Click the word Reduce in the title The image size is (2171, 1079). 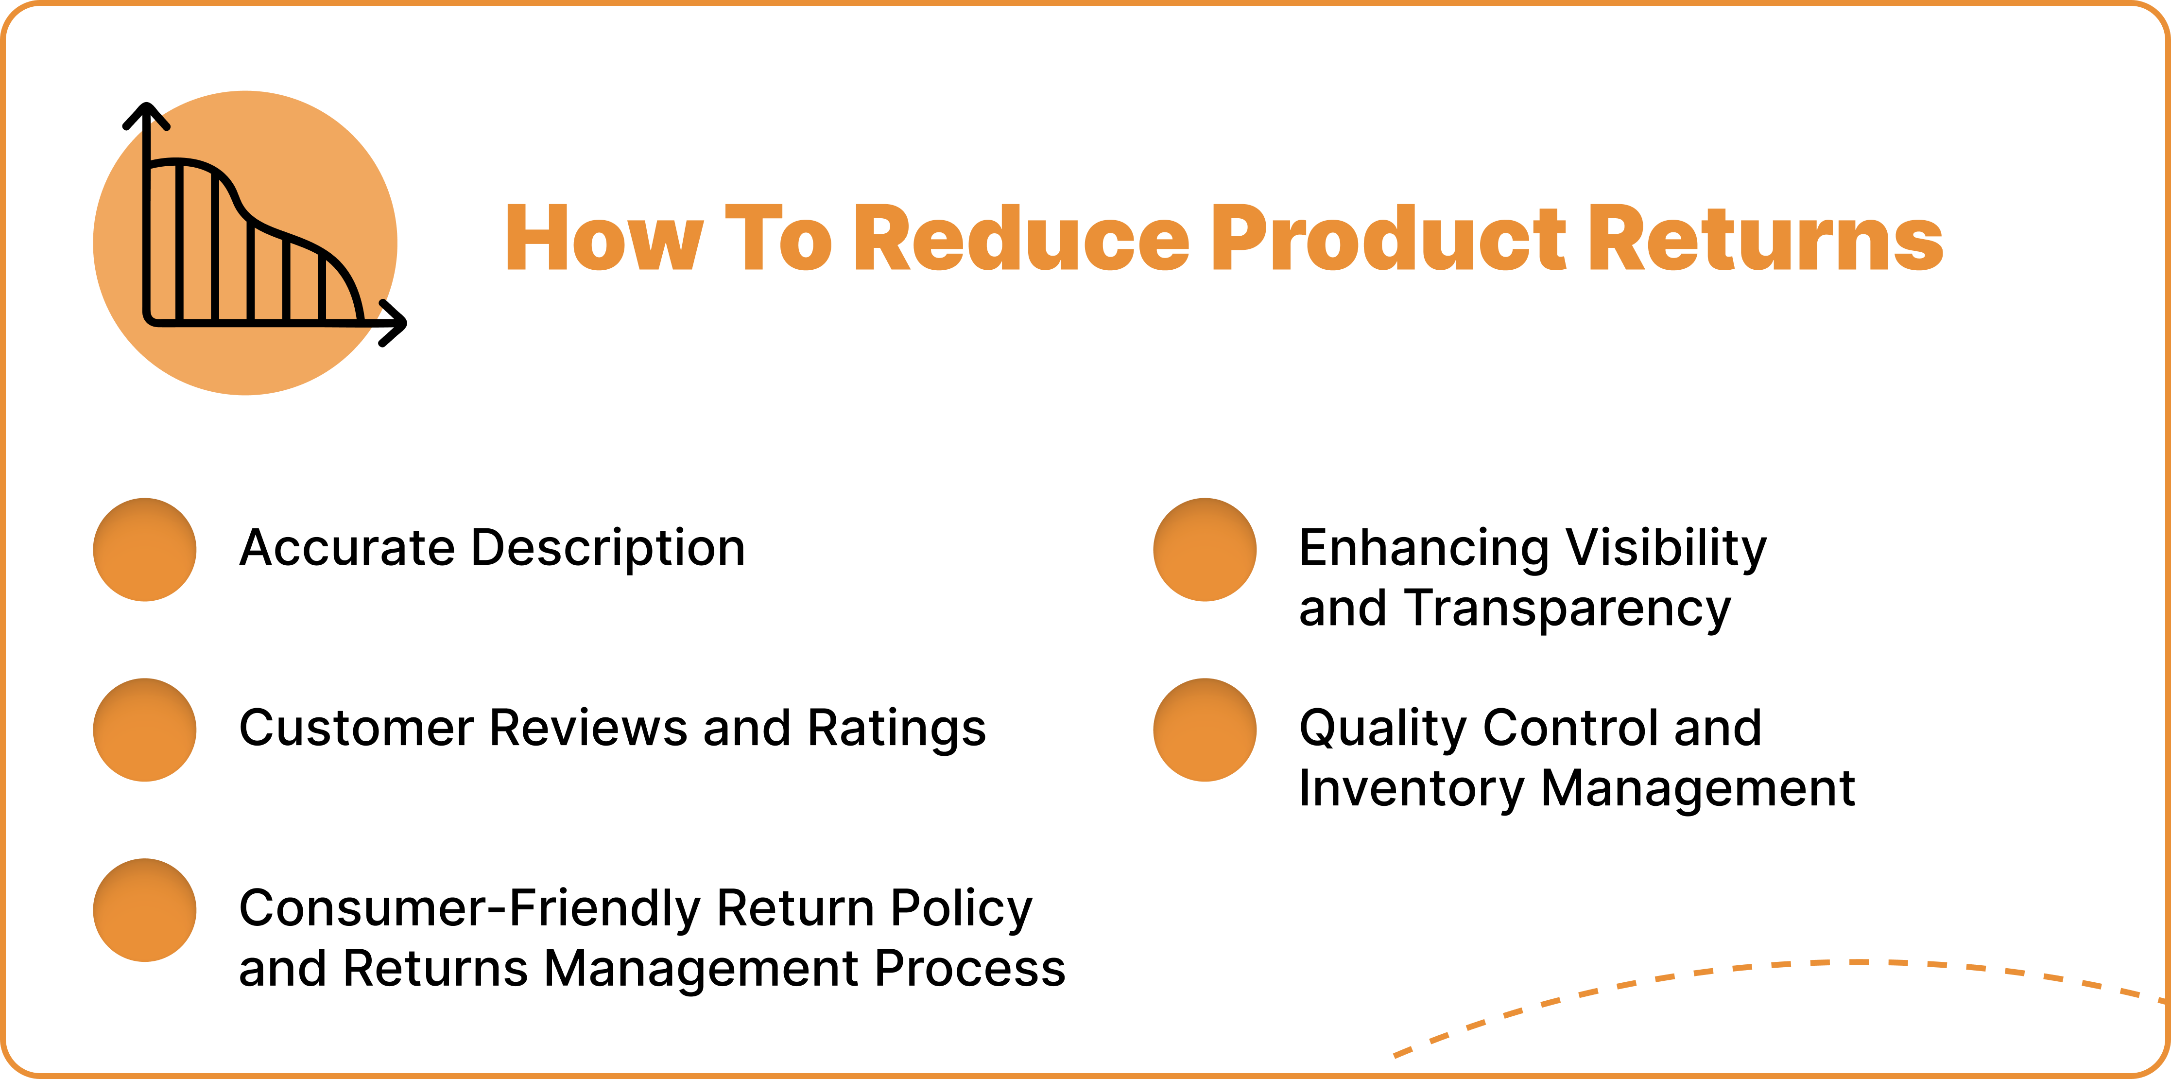tap(1020, 240)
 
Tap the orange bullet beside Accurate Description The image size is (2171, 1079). tap(145, 550)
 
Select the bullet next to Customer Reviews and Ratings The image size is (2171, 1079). tap(145, 730)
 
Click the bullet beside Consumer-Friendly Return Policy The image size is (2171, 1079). tap(145, 910)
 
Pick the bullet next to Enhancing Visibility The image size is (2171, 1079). tap(1205, 550)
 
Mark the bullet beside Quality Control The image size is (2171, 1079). tap(1205, 730)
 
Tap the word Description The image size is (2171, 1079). tap(608, 550)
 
